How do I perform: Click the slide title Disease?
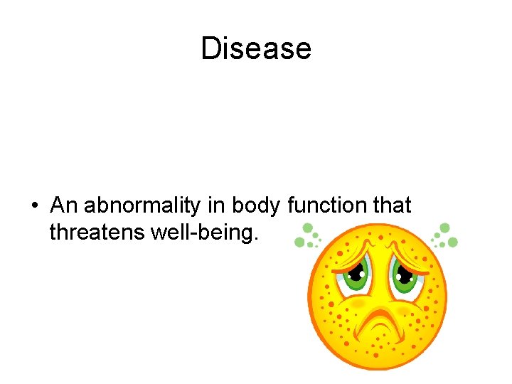point(256,48)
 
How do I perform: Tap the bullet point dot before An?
point(34,207)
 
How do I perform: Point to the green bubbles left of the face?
point(306,235)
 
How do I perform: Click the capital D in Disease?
point(210,48)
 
